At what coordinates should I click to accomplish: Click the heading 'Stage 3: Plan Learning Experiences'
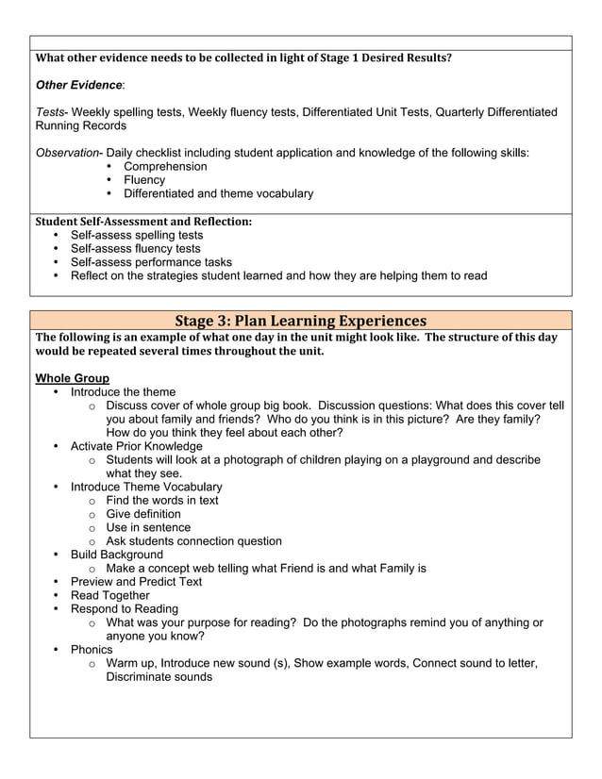click(x=300, y=321)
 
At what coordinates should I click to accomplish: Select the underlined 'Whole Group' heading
click(x=72, y=378)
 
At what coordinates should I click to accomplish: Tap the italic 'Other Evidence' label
click(x=79, y=85)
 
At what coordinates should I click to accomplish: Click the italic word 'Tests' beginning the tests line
click(x=51, y=112)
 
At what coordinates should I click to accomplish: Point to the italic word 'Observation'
click(x=67, y=153)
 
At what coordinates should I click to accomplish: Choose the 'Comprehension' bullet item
click(x=165, y=167)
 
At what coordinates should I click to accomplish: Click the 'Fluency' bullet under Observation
click(x=144, y=180)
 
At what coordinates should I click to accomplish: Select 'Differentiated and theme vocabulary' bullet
click(x=218, y=193)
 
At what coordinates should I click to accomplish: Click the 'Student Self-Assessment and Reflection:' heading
click(x=143, y=222)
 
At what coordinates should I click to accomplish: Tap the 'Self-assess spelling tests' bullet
click(x=137, y=235)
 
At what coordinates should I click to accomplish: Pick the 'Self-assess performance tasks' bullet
click(x=151, y=262)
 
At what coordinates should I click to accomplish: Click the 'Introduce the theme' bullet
click(x=123, y=392)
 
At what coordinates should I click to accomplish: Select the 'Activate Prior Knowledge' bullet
click(x=136, y=446)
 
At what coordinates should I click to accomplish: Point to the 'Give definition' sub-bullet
click(x=143, y=514)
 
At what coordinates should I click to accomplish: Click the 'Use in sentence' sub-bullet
click(x=148, y=527)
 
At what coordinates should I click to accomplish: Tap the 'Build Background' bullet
click(x=116, y=555)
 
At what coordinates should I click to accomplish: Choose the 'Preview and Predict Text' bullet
click(x=136, y=582)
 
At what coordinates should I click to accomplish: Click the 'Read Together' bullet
click(x=109, y=595)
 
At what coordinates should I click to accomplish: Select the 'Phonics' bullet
click(x=92, y=650)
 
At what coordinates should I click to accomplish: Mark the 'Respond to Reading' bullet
click(x=124, y=609)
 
